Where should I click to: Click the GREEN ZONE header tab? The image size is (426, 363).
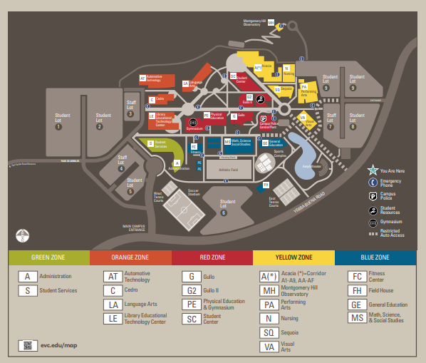[x=48, y=257]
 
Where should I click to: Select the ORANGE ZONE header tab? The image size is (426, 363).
[x=130, y=257]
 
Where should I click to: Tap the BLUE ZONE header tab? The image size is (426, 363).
[x=375, y=257]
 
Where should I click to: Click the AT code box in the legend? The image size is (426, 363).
[x=111, y=277]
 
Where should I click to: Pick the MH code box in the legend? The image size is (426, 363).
[x=269, y=290]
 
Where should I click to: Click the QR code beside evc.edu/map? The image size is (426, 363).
[x=28, y=345]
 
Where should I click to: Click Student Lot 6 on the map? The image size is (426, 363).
[x=224, y=209]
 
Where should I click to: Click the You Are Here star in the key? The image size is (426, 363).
[x=372, y=170]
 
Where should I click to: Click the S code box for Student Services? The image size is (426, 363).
[x=27, y=290]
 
